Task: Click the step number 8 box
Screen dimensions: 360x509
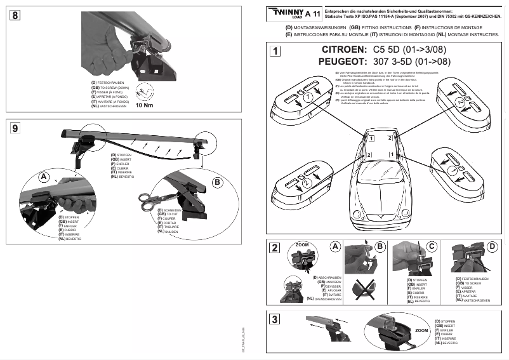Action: click(x=14, y=15)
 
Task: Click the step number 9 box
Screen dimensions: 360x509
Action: click(x=14, y=128)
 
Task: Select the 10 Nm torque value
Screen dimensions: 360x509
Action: click(x=145, y=106)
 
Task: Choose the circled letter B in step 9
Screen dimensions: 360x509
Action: click(x=216, y=182)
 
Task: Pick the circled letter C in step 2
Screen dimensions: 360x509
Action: click(x=432, y=246)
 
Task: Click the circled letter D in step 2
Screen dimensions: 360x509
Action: click(x=492, y=246)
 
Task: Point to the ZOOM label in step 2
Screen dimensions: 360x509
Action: click(x=303, y=244)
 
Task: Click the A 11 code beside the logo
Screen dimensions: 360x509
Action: click(x=312, y=13)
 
